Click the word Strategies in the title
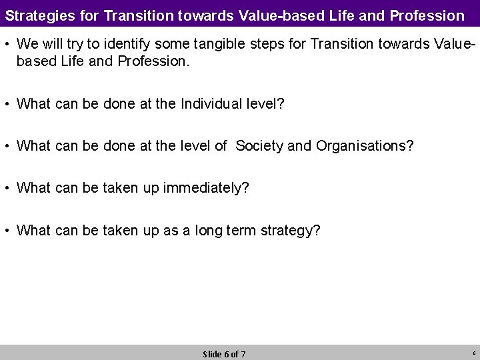click(36, 13)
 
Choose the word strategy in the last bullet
click(289, 231)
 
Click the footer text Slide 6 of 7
click(224, 354)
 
